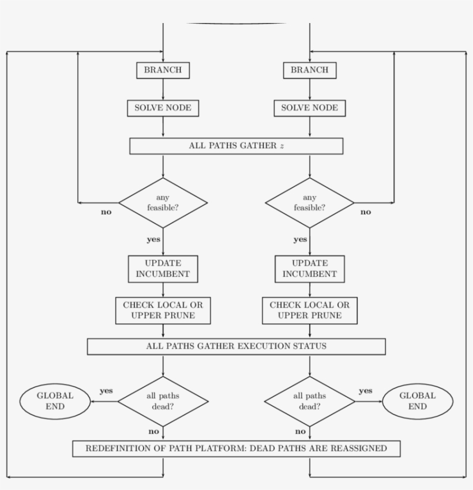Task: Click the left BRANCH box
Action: click(x=163, y=70)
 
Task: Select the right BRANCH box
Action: click(x=309, y=70)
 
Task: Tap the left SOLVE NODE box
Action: click(x=163, y=108)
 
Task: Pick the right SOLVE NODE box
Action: click(x=309, y=108)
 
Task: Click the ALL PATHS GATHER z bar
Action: click(x=236, y=146)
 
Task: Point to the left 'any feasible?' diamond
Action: click(x=163, y=202)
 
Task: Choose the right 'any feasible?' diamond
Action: click(x=309, y=202)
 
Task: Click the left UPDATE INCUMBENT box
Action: click(x=163, y=269)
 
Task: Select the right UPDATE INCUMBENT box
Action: click(x=309, y=269)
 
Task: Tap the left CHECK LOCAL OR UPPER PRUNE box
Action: click(x=163, y=310)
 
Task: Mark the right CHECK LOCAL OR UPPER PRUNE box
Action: click(x=309, y=310)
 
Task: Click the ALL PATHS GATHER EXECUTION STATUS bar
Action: click(x=236, y=346)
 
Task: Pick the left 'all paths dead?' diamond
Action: click(x=163, y=401)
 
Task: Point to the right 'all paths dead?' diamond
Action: click(x=309, y=401)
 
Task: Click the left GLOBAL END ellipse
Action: click(x=55, y=401)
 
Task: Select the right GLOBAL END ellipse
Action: click(x=418, y=401)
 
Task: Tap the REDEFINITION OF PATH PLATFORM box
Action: click(x=236, y=448)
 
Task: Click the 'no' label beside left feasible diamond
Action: click(x=106, y=212)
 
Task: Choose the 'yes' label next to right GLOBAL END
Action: click(x=365, y=391)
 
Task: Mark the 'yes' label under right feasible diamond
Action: click(x=300, y=239)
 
